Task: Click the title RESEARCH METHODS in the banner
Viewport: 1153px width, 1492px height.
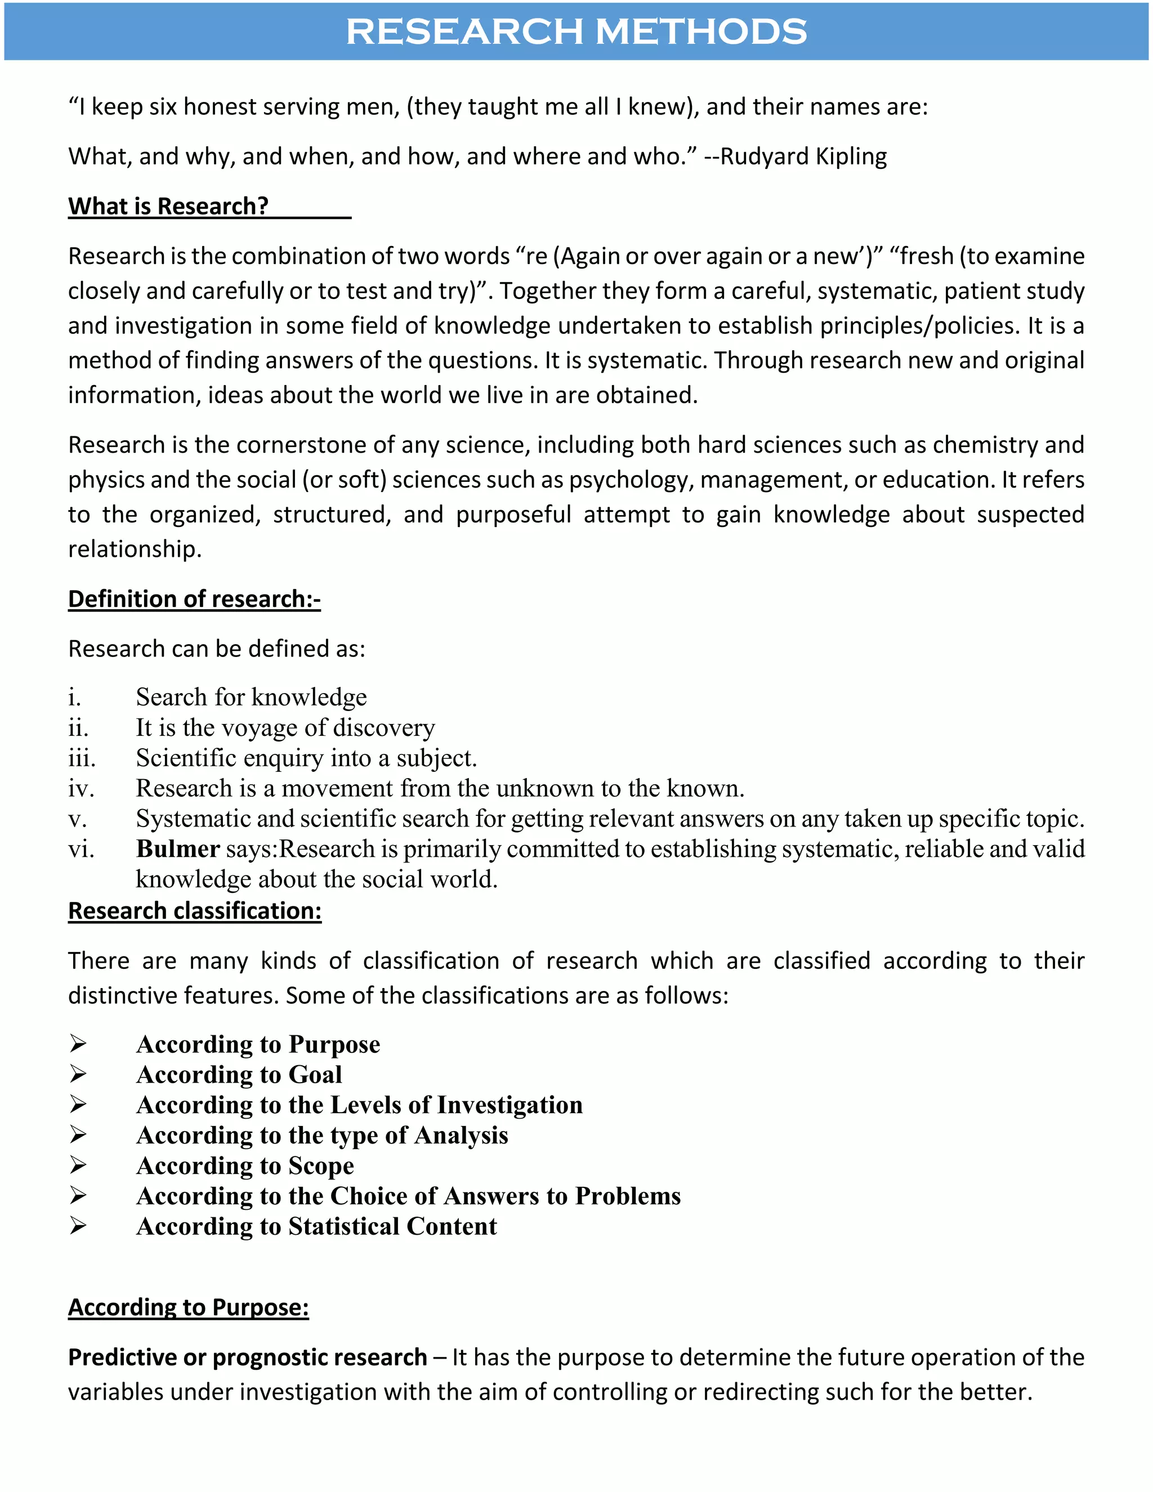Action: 576,32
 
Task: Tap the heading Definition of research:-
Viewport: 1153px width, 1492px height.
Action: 194,599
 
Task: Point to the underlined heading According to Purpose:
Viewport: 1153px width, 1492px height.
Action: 189,1307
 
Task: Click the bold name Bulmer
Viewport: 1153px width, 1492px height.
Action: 177,849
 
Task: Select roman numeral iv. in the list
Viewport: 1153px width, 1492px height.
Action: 81,789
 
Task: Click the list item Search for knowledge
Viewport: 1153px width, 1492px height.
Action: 251,698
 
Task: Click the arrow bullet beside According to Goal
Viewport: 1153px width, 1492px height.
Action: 78,1075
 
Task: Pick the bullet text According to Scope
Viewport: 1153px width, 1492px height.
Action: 245,1166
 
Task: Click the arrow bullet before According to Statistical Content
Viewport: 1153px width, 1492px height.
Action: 78,1227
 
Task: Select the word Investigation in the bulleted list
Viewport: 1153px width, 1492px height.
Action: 510,1105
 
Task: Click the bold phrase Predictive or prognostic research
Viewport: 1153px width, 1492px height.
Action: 247,1357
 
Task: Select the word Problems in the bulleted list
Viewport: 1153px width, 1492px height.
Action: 628,1196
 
